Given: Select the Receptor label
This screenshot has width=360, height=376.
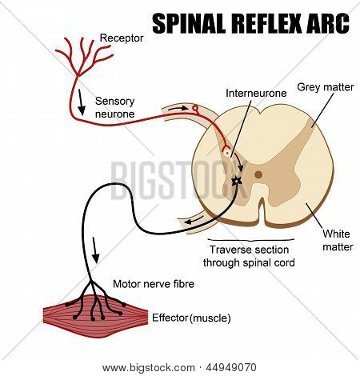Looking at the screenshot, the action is (122, 38).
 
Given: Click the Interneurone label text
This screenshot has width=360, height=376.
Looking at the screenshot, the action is (256, 94).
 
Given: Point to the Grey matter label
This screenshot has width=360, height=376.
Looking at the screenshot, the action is (325, 87).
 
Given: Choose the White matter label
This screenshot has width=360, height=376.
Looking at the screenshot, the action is (338, 240).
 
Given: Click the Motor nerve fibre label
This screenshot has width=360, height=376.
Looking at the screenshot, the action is (154, 284).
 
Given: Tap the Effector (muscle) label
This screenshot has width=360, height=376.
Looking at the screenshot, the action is (191, 318).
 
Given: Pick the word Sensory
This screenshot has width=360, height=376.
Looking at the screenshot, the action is (114, 102).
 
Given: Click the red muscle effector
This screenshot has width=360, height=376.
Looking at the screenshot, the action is (95, 316).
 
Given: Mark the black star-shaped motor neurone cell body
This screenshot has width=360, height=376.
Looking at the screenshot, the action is (237, 182).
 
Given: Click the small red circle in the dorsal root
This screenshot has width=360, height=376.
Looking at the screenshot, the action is (195, 108).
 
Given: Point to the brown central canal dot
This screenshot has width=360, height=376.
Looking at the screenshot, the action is (258, 175).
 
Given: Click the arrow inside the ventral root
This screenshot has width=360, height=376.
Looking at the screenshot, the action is (194, 220).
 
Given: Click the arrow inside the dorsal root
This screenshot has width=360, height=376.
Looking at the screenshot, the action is (178, 108).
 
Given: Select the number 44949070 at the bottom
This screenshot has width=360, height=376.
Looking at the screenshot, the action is (231, 368).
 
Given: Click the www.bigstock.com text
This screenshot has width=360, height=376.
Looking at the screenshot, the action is (149, 368).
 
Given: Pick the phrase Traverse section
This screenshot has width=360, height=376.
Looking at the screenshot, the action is (249, 250).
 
